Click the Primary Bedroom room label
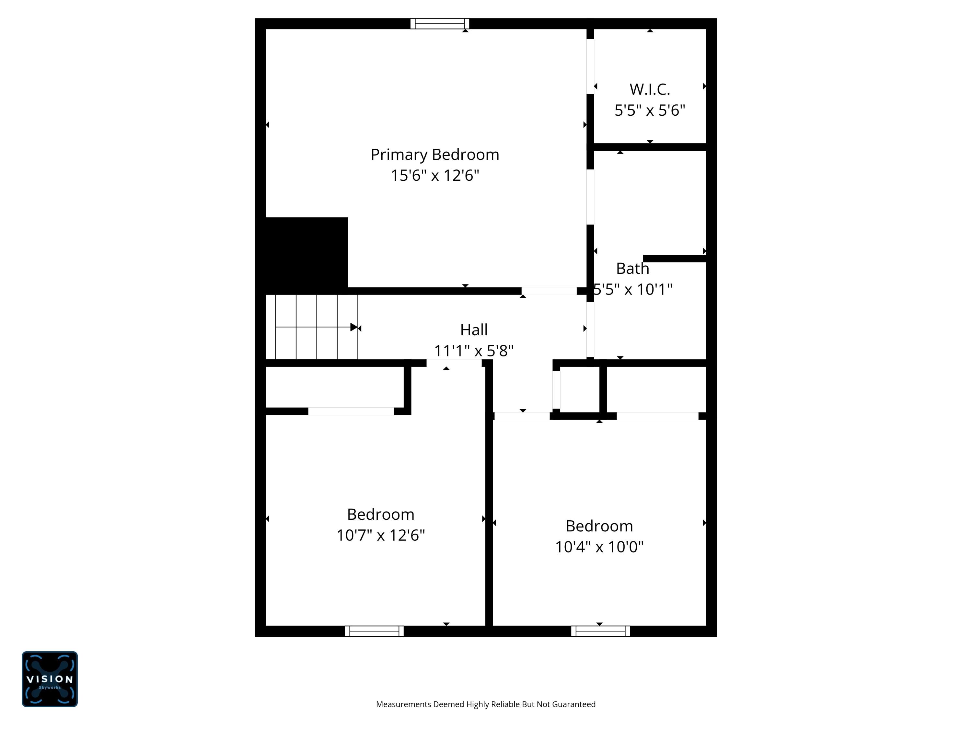(434, 155)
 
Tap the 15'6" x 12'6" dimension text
(434, 175)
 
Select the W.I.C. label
(650, 90)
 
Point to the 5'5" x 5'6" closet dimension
(650, 110)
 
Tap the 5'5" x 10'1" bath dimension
(632, 289)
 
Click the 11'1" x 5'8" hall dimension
(474, 351)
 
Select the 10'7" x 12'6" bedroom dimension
(381, 535)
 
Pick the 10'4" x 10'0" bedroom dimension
(599, 547)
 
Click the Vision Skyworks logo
(50, 679)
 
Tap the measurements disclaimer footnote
(486, 704)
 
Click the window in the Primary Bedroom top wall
(439, 24)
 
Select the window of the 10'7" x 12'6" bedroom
(374, 631)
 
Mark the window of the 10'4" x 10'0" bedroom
(600, 631)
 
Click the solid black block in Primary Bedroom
(306, 254)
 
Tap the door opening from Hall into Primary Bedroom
(549, 291)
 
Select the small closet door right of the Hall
(556, 390)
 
